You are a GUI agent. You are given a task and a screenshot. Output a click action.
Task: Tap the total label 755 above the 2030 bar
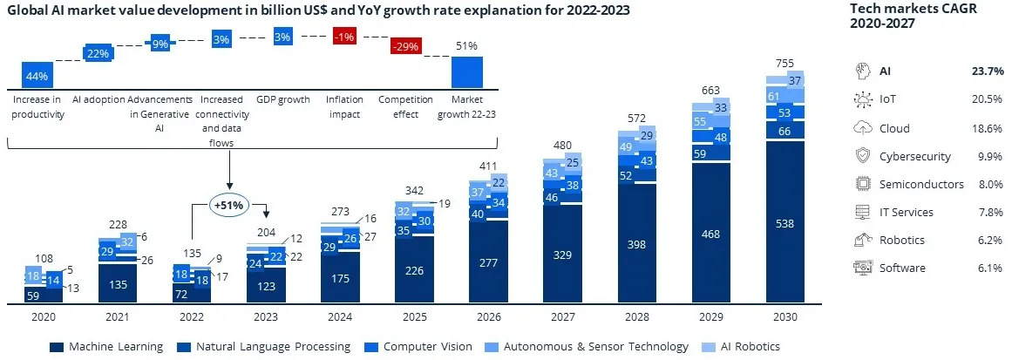785,63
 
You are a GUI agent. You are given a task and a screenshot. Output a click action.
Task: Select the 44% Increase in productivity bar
37,75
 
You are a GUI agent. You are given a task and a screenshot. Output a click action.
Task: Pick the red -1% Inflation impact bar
343,36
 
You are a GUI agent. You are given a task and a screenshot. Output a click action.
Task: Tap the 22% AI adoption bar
96,53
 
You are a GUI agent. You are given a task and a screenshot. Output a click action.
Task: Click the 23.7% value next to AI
986,71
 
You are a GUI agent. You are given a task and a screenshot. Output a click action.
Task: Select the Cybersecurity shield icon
862,156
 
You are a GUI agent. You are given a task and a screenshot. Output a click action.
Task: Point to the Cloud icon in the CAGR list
862,128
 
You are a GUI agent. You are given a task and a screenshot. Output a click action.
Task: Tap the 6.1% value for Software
988,268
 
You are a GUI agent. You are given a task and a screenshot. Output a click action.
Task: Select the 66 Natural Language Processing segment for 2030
785,131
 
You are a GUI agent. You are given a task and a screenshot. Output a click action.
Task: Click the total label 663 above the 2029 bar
710,90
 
